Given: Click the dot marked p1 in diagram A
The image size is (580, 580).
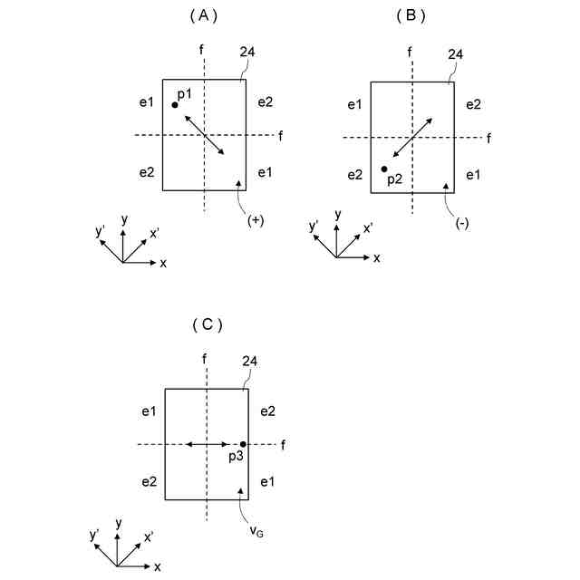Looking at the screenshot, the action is pos(175,105).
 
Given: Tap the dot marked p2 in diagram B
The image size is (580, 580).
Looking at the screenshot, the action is pos(384,169).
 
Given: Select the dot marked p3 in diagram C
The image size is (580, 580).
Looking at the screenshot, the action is pos(243,444).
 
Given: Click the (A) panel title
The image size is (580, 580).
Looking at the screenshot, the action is pos(204,15).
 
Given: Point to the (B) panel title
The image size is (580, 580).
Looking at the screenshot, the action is pos(411,15).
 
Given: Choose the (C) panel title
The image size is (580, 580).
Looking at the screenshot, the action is pos(207,324).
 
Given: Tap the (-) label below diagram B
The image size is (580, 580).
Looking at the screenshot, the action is pos(461,224).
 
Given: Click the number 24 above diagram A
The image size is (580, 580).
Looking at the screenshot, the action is pos(247,53).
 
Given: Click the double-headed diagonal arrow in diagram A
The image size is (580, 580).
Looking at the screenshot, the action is pos(205,134).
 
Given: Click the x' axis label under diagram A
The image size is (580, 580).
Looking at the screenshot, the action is pos(155,234).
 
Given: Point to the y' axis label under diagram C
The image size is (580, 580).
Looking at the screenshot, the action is pos(95,536).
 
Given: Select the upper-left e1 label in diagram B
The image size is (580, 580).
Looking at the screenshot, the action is pos(354,106).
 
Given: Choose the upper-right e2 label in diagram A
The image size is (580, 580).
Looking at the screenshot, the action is pos(265,101).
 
